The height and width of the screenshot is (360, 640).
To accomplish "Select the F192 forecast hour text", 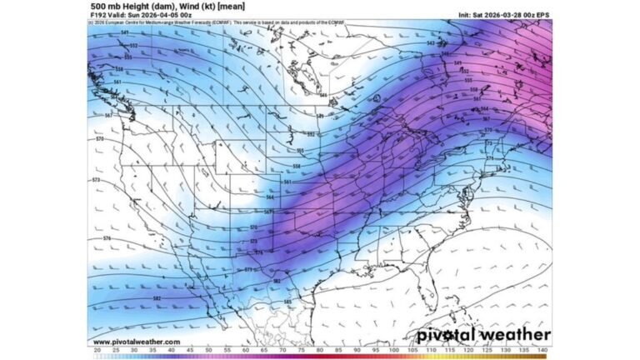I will (x=101, y=14).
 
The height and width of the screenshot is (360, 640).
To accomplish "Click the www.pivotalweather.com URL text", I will (x=135, y=342).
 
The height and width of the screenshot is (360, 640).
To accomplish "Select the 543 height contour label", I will (x=431, y=42).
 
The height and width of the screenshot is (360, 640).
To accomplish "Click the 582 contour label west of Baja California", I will (x=157, y=297).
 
